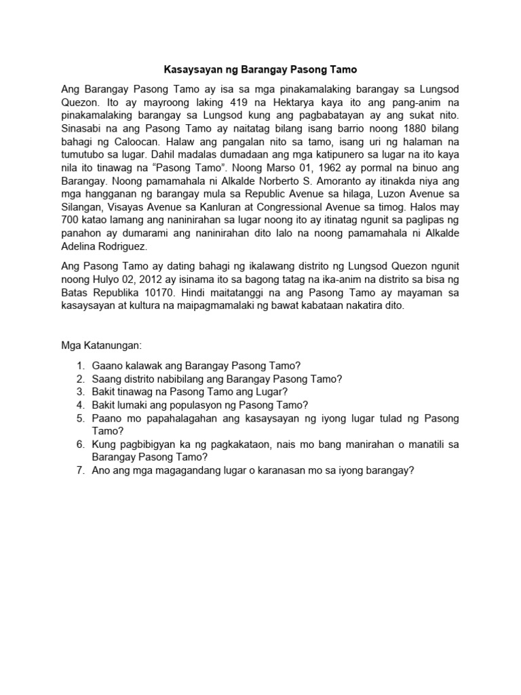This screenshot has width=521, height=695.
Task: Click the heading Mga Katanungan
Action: (101, 345)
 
